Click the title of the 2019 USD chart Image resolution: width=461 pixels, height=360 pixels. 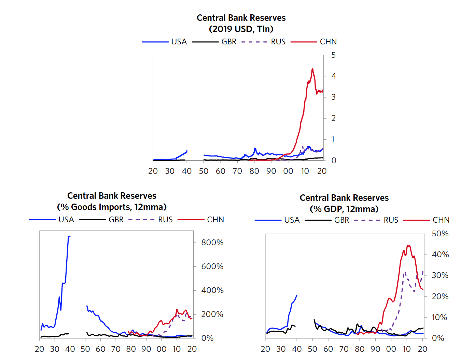[241, 18]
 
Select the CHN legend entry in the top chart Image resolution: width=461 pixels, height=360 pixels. [328, 42]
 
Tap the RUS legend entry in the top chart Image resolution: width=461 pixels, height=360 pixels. [278, 42]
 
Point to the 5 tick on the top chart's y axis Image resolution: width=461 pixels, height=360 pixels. [334, 55]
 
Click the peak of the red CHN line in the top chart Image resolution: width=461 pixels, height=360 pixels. [312, 69]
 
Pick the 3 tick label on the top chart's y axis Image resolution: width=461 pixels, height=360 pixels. [334, 97]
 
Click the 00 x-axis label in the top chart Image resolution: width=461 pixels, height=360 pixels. [288, 171]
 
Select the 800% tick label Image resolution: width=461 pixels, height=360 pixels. [212, 243]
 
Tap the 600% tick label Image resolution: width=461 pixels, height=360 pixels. [212, 266]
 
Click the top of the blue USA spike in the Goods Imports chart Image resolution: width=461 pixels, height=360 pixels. [69, 236]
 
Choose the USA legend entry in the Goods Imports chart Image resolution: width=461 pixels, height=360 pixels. [66, 220]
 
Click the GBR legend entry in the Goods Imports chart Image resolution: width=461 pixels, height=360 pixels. [116, 220]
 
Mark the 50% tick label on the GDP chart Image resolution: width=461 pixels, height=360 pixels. [440, 234]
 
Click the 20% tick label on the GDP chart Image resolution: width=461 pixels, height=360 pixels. [440, 296]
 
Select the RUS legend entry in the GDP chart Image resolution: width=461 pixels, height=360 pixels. [391, 220]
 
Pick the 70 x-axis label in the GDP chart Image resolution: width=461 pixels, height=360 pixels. [344, 349]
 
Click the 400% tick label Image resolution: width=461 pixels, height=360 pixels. [212, 290]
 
